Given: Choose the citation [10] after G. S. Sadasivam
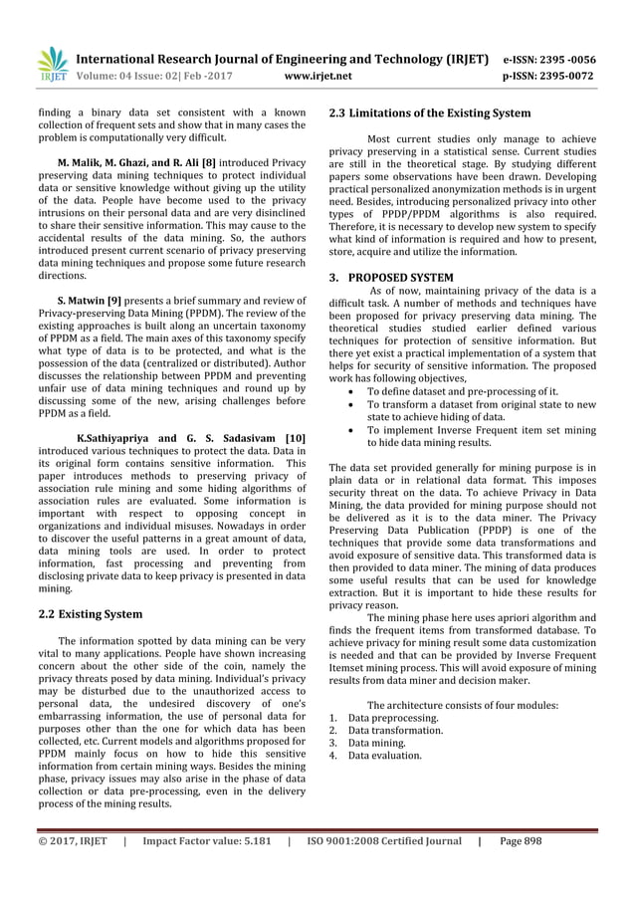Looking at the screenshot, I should coord(295,437).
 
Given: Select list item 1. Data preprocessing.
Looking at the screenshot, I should coord(383,717).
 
